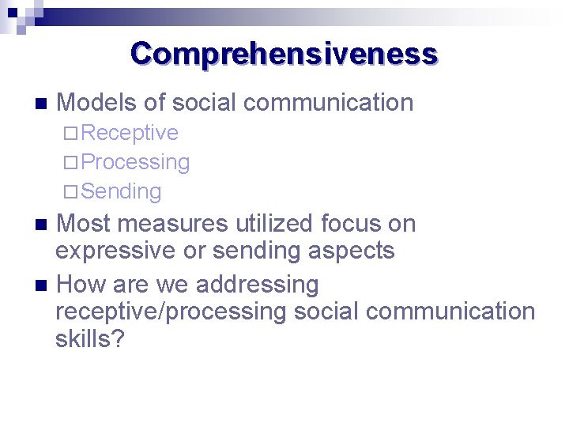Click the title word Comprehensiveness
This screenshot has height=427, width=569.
[x=284, y=54]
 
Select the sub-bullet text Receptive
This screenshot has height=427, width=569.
[x=130, y=133]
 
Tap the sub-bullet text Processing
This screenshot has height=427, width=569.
[x=135, y=162]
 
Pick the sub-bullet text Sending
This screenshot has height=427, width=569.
[x=121, y=191]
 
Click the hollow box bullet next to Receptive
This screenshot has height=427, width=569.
[x=71, y=133]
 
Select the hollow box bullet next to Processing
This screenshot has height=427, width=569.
[x=71, y=163]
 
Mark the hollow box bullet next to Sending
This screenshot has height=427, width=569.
[x=71, y=192]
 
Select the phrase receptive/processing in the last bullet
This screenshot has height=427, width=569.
[x=170, y=312]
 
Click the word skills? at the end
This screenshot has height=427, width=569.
[x=89, y=340]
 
